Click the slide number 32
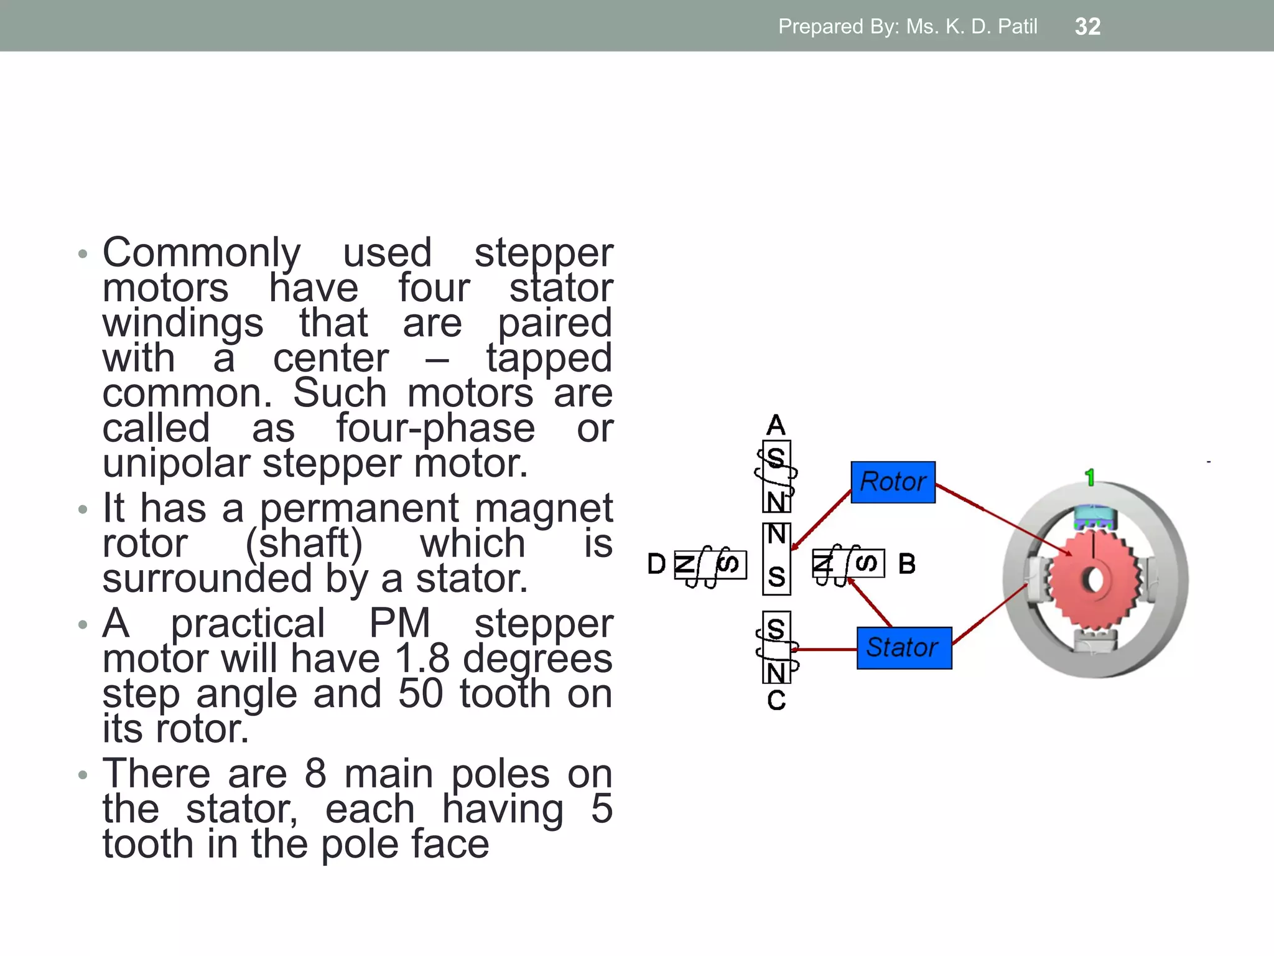pos(1087,27)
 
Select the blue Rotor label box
pos(893,482)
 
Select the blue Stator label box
pos(904,648)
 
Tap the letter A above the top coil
pos(776,426)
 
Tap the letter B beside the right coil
pos(907,565)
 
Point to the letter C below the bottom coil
pos(776,701)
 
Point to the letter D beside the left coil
pos(656,565)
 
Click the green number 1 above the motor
pos(1089,478)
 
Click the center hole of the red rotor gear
pos(1095,580)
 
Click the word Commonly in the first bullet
pos(202,253)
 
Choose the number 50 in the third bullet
pos(421,694)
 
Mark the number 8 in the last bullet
pos(315,774)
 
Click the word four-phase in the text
pos(435,429)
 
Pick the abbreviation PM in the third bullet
pos(399,624)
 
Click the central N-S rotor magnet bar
pos(776,558)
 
